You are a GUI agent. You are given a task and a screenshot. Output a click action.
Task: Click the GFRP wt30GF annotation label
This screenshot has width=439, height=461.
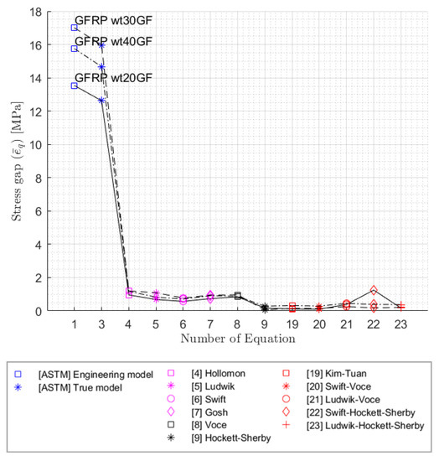point(113,20)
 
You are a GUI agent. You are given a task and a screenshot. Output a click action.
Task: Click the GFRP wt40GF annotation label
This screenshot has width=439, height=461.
point(113,41)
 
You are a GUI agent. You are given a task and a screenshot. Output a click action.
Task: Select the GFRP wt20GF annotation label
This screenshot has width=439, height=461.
point(113,78)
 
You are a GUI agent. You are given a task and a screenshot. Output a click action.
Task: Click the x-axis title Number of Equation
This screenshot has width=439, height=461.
point(237,339)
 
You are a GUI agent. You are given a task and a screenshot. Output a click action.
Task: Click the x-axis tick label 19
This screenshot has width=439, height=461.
point(292,324)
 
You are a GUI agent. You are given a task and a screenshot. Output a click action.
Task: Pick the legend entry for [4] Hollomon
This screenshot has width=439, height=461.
point(227,373)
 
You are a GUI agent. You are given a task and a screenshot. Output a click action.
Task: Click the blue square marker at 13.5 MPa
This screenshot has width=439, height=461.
point(75,85)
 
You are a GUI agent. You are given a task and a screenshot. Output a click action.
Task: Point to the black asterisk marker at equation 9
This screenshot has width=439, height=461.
point(265,308)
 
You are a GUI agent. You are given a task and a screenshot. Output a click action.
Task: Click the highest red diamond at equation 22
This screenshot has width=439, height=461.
point(374,290)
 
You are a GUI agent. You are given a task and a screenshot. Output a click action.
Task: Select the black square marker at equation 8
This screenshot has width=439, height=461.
point(238,296)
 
